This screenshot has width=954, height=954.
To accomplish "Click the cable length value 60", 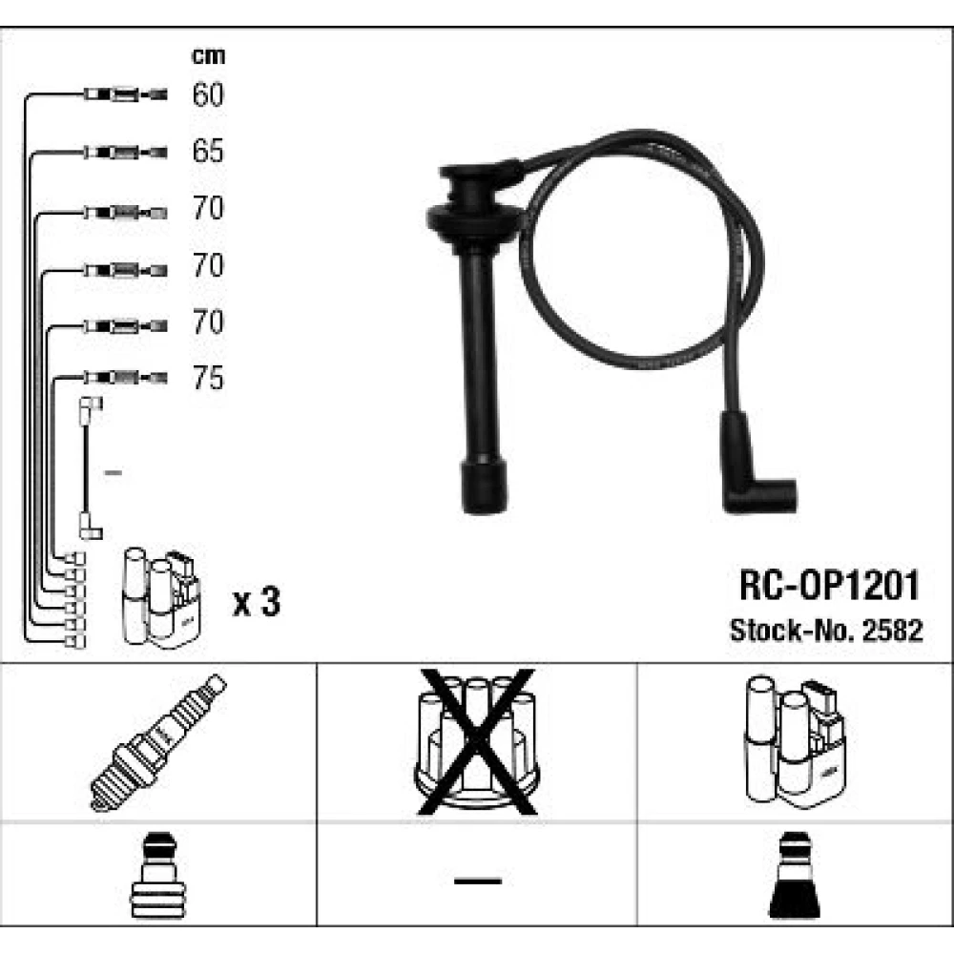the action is tap(208, 94).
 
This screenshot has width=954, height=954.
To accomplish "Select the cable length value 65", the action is tap(208, 151).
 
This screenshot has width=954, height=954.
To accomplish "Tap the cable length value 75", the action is tap(208, 378).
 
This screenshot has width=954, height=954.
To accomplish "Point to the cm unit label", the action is tap(208, 56).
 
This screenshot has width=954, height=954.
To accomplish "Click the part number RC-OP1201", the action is tap(829, 586).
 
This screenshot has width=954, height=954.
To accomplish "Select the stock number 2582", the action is tap(893, 631).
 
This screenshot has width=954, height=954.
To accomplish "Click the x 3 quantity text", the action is tap(256, 602).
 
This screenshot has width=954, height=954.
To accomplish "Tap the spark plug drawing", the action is tap(157, 742).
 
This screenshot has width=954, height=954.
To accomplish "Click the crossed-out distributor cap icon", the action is tap(476, 742).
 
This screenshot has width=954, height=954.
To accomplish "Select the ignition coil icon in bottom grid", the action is tap(795, 742).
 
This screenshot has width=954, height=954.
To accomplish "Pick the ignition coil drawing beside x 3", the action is tap(162, 598).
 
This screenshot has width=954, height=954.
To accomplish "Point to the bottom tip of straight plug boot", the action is tap(485, 512).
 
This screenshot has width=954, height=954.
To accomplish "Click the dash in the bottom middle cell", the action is tap(478, 881).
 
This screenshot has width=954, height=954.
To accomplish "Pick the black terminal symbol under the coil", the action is tap(794, 875).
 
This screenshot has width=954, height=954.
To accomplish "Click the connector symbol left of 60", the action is tap(125, 94).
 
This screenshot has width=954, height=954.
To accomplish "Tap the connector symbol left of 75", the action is tap(125, 378).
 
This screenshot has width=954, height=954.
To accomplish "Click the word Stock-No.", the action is tap(794, 631).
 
